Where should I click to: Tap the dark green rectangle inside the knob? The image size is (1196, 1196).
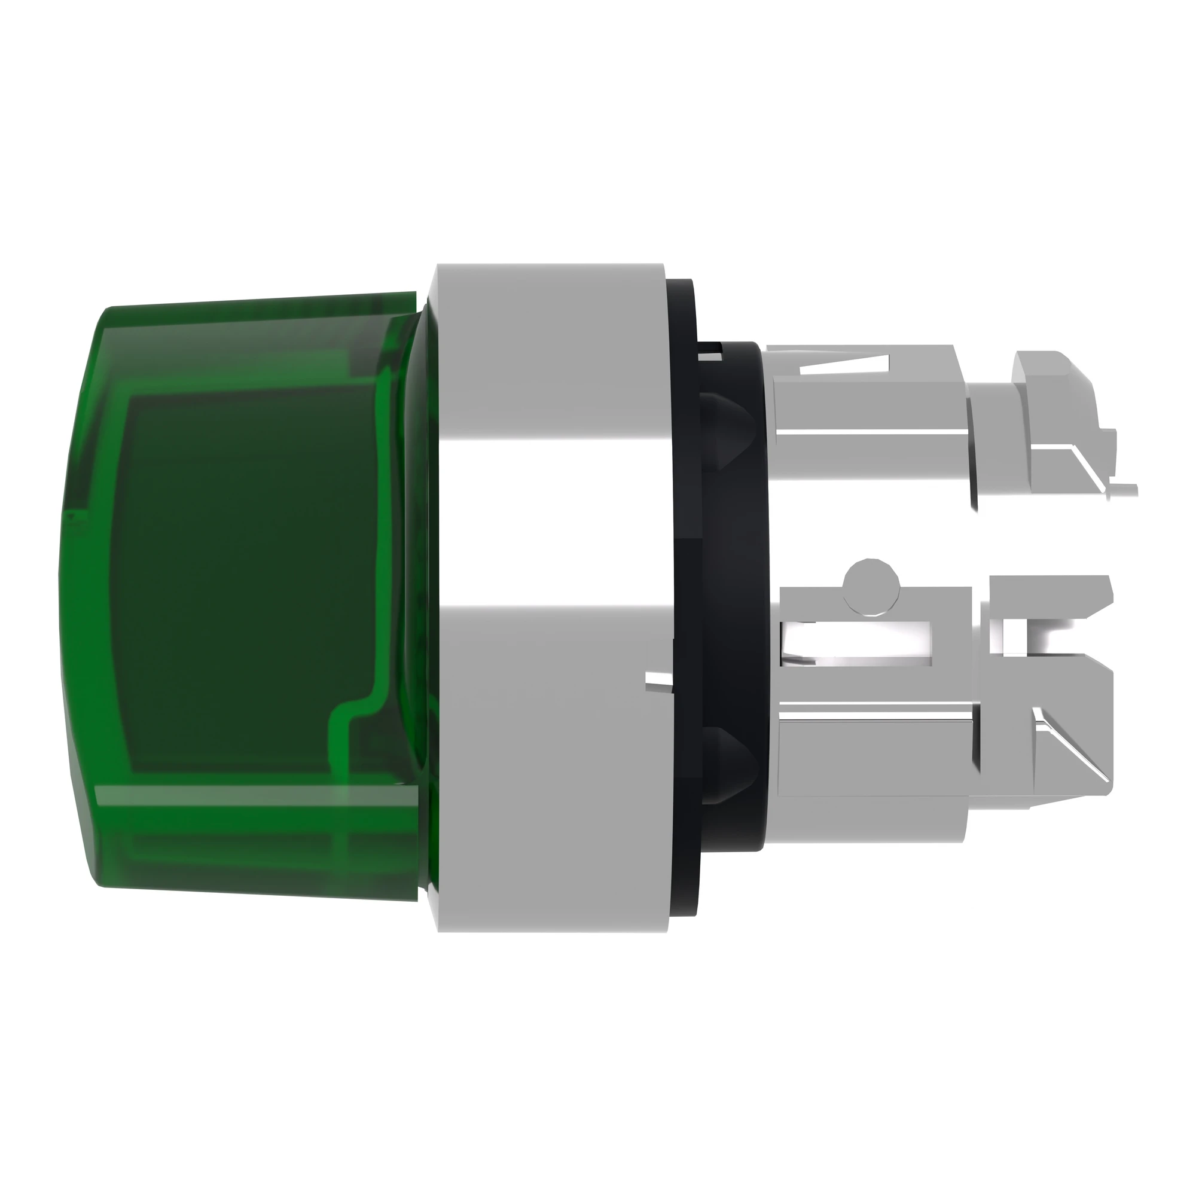[x=248, y=582]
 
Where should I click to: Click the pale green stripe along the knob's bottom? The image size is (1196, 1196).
[x=248, y=798]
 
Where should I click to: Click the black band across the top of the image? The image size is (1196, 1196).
[x=598, y=111]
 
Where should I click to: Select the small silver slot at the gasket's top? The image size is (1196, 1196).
[x=712, y=354]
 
